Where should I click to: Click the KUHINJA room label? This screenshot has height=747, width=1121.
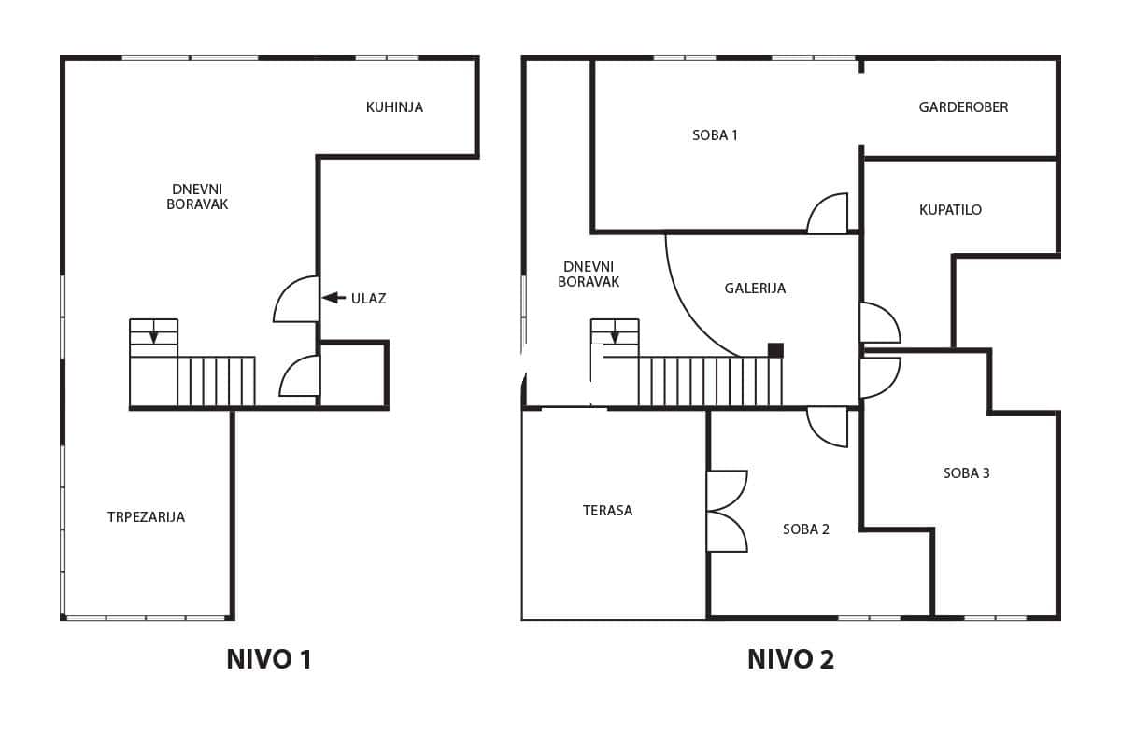[394, 107]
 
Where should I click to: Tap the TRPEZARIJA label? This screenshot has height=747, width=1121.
[146, 517]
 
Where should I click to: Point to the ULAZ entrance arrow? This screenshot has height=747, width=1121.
[333, 298]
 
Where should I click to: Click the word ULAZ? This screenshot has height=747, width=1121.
[368, 299]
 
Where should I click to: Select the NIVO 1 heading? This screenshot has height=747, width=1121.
[269, 659]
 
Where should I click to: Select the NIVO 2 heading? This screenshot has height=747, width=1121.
[790, 659]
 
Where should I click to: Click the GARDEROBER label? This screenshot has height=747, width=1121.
[963, 107]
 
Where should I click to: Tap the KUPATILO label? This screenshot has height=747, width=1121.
[950, 210]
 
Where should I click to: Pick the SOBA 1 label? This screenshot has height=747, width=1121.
[715, 135]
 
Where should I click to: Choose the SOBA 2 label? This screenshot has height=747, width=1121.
[805, 529]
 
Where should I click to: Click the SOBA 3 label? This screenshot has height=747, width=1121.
[966, 473]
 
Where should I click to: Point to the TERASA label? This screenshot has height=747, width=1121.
[607, 511]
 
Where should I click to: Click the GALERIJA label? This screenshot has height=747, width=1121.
[755, 289]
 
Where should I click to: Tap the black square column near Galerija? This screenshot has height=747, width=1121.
[775, 350]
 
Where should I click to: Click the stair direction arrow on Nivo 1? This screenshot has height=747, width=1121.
[153, 336]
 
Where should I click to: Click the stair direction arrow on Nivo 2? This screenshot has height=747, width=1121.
[615, 336]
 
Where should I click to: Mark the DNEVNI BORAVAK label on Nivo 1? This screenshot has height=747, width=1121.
[197, 197]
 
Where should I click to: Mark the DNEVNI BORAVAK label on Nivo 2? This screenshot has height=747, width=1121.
[589, 275]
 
